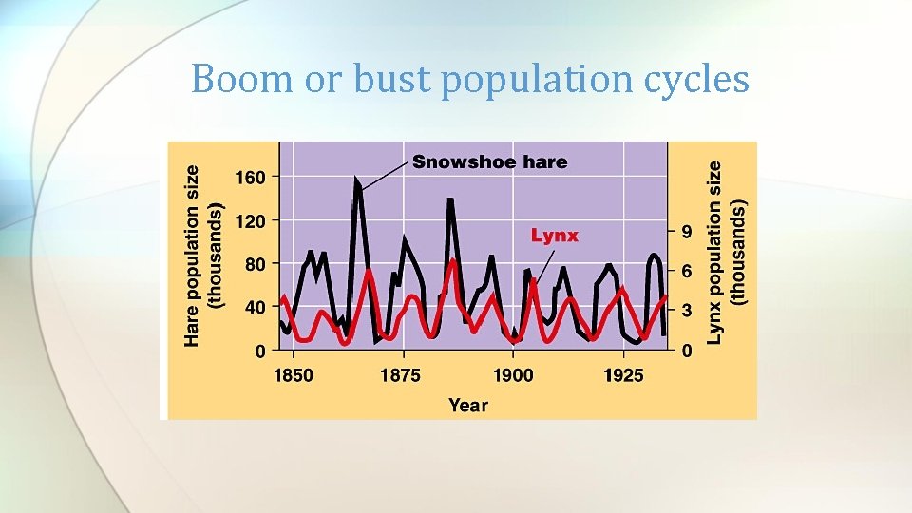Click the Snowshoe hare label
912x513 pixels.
point(489,161)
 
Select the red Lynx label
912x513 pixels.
point(554,236)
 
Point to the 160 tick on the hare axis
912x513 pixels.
point(250,177)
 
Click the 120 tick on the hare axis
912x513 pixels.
point(250,220)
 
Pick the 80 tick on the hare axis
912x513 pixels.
point(256,264)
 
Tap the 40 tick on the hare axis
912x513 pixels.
point(256,308)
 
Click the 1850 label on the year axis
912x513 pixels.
point(293,375)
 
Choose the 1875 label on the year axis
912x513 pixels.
point(400,375)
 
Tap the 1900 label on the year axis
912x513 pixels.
point(513,375)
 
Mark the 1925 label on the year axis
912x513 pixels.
point(623,375)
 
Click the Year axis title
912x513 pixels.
point(467,406)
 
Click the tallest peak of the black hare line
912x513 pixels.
point(357,180)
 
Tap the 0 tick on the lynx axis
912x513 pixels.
point(687,351)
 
